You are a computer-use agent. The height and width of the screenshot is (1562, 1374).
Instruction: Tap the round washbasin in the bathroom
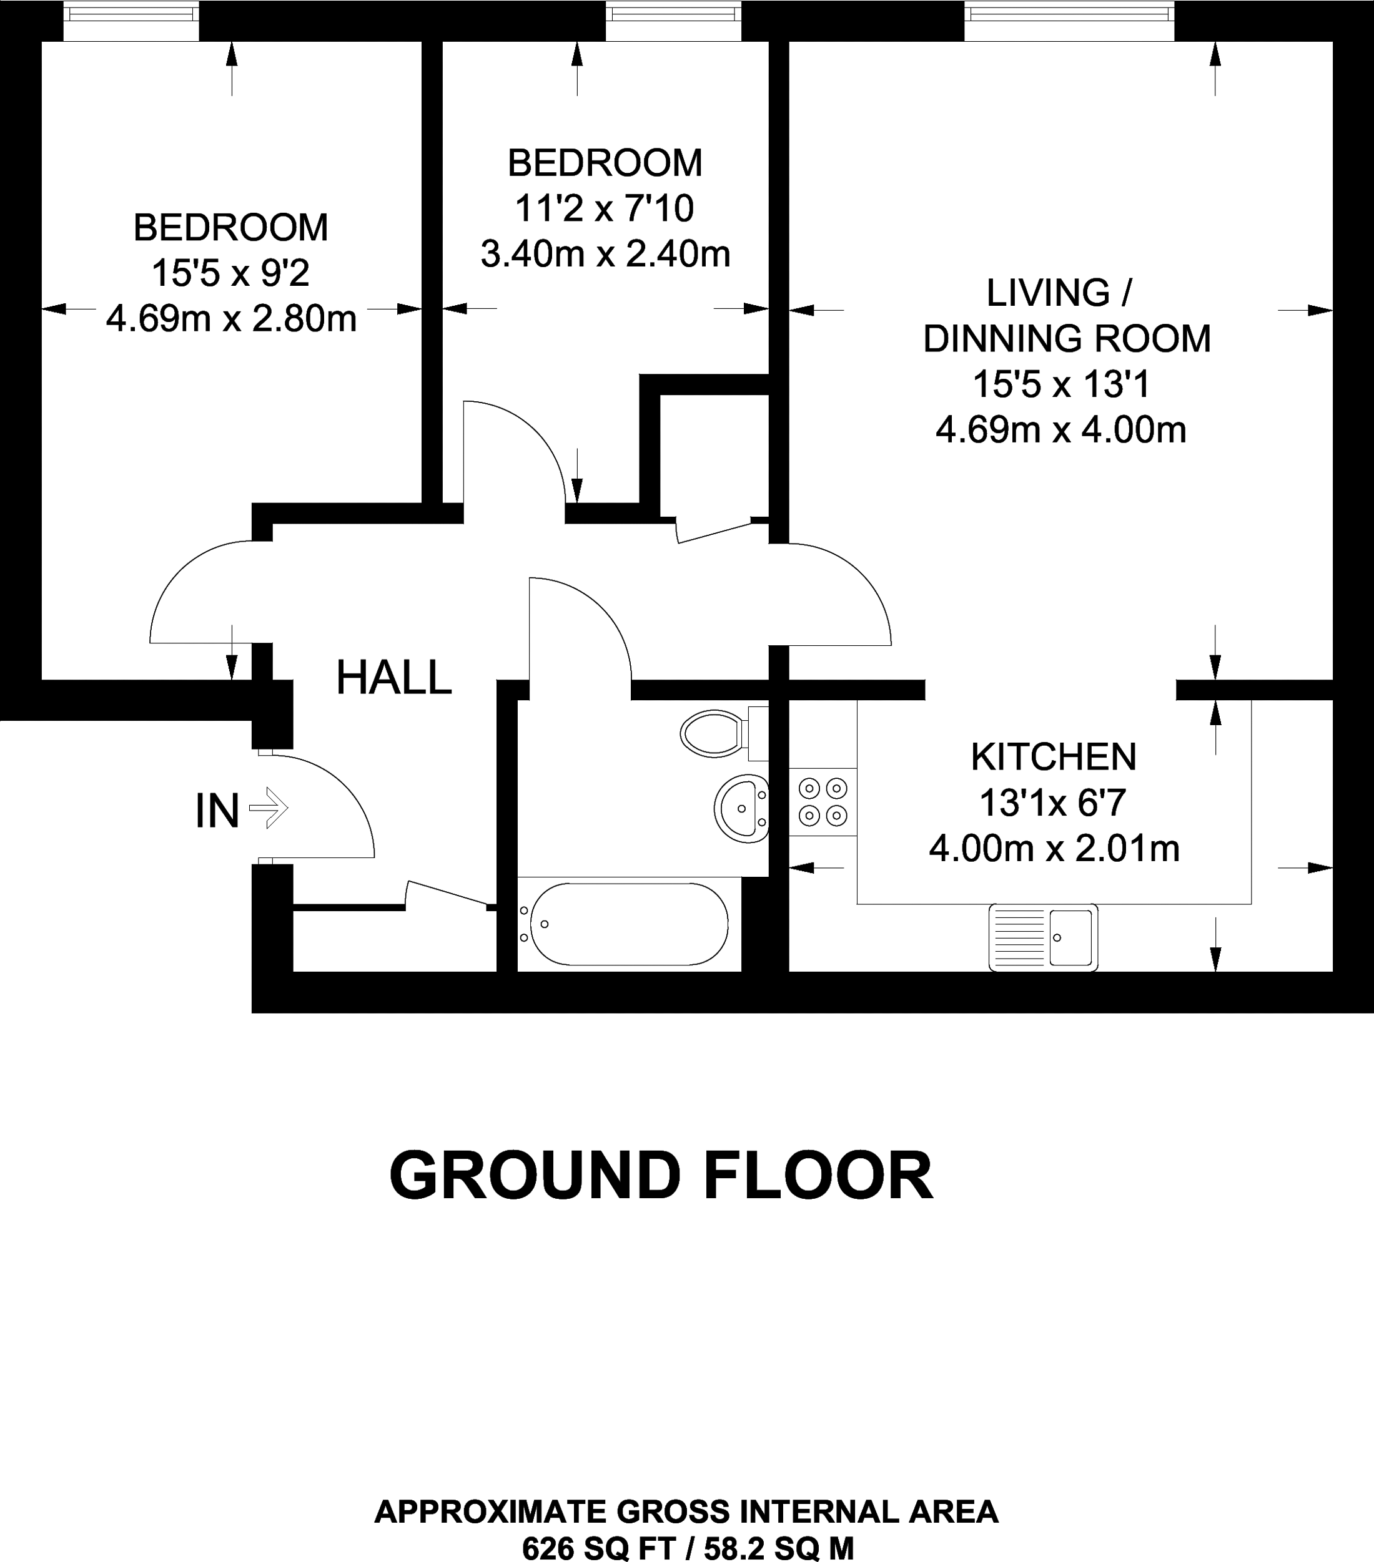click(741, 809)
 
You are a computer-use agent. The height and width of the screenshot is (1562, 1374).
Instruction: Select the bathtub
click(628, 924)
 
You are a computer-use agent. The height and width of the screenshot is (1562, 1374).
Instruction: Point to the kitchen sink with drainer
click(1043, 937)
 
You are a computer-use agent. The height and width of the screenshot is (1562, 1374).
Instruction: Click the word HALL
click(393, 678)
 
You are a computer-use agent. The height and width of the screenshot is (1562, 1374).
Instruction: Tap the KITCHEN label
click(1054, 756)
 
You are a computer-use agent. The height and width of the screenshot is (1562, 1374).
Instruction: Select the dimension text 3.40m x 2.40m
click(605, 254)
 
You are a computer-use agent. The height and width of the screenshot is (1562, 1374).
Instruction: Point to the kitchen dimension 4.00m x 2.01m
click(1054, 848)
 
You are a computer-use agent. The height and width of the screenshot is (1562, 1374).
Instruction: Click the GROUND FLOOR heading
click(661, 1175)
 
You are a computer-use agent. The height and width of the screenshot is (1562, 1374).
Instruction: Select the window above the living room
click(1069, 21)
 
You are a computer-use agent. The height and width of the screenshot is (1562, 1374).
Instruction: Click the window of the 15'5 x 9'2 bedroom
click(131, 21)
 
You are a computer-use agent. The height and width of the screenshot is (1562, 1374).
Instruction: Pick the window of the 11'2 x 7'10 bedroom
click(674, 21)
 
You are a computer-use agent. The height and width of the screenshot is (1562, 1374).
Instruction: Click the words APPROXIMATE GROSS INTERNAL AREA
click(686, 1511)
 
